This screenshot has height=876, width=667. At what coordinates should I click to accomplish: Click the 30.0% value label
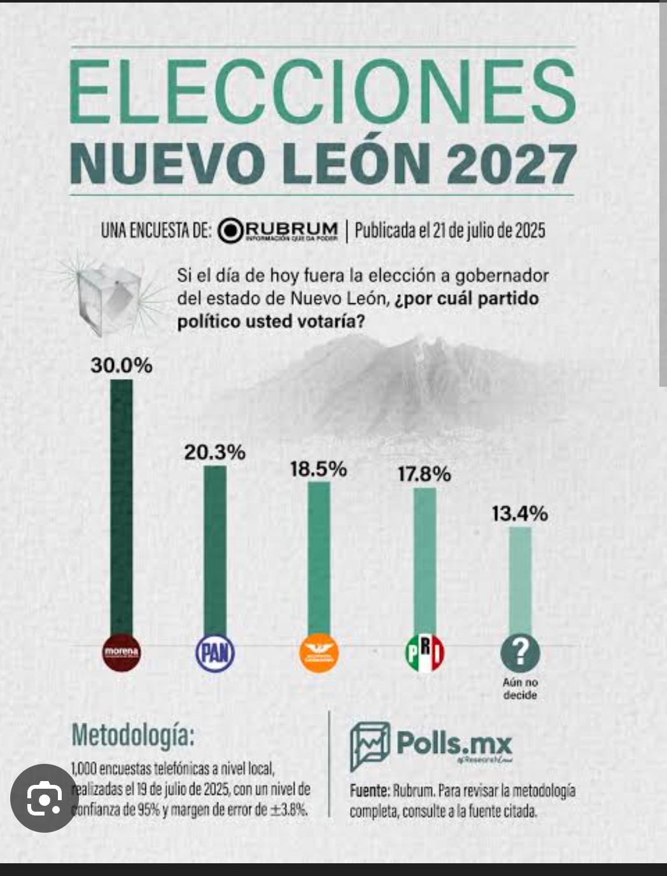tap(122, 366)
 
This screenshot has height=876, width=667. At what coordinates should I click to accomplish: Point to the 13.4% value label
tap(520, 513)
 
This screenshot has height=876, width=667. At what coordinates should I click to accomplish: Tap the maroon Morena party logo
tap(121, 652)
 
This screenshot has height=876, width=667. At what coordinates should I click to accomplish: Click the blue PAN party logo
tap(214, 653)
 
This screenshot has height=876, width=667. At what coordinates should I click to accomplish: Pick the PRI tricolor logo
tap(425, 653)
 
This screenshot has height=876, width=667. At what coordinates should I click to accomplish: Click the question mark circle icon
tap(520, 653)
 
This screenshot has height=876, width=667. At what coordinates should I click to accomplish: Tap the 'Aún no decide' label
tap(520, 689)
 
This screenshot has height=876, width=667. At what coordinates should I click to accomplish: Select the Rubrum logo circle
tap(230, 231)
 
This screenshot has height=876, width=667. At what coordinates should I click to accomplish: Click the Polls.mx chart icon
tap(369, 745)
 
